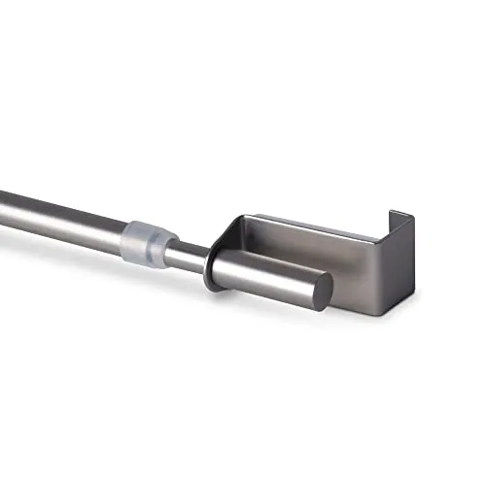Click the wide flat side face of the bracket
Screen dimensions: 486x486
point(330,255)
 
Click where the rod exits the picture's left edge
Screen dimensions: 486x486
point(3,198)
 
